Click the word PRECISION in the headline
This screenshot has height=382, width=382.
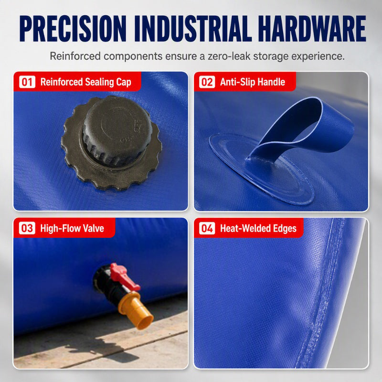coord(73,29)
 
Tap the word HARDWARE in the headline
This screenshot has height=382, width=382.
coord(312,29)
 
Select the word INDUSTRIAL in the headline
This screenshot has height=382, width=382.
coord(193,29)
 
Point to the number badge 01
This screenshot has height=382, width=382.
coord(27,82)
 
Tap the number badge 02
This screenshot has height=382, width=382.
coord(207,82)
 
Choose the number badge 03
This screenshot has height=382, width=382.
coord(27,228)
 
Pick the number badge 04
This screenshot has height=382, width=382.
coord(207,228)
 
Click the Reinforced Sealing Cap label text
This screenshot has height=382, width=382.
coord(86,82)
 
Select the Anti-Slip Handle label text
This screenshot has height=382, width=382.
coord(253,82)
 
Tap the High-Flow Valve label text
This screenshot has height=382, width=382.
coord(72,228)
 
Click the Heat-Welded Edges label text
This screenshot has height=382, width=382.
coord(258,229)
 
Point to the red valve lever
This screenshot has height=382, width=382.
coord(124,276)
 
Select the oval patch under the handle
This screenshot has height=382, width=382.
coord(261,168)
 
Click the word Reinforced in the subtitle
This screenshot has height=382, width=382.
coord(75,56)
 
